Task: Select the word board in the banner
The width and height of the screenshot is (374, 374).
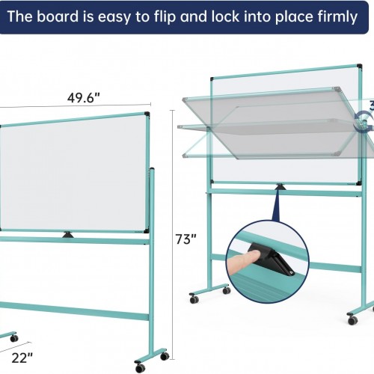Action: (x=58, y=16)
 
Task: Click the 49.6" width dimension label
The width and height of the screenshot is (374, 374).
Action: (x=83, y=98)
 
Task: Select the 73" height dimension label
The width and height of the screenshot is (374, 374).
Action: (x=186, y=239)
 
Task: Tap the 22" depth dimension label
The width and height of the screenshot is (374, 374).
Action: (x=22, y=358)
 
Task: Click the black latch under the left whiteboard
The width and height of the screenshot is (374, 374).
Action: (x=68, y=235)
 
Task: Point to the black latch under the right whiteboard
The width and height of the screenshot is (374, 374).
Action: (x=280, y=186)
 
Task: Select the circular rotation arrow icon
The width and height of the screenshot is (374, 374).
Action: (x=364, y=121)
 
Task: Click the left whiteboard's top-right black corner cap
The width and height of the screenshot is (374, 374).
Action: (x=147, y=114)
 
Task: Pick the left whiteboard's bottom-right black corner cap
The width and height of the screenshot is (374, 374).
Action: (x=147, y=230)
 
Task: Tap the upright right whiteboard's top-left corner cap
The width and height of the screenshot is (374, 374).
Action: (x=212, y=79)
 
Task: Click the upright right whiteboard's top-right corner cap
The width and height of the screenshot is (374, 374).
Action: (x=359, y=66)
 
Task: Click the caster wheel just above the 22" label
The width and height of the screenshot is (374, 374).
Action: (x=14, y=338)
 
